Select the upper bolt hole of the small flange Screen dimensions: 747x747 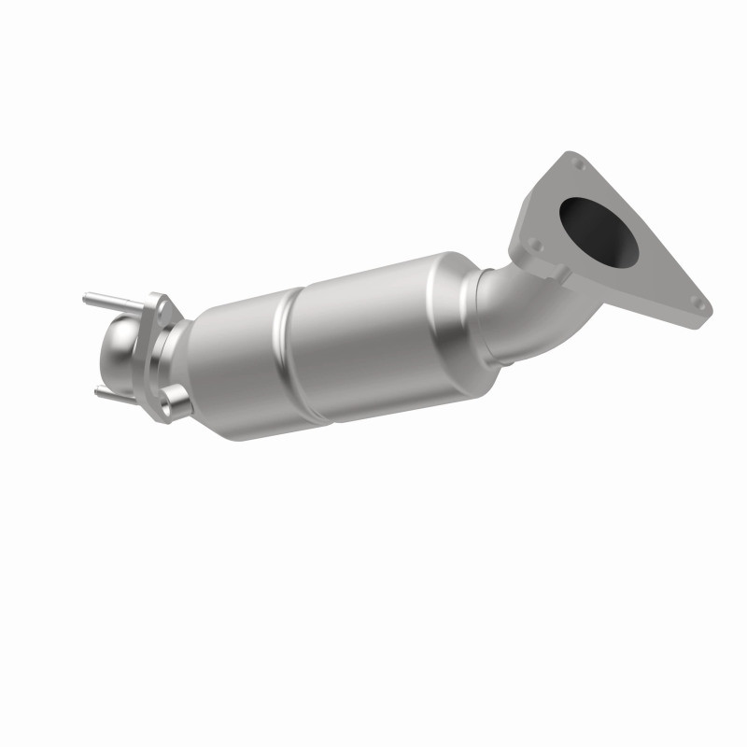[x=162, y=303]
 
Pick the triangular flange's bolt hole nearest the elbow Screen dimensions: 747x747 [x=534, y=245]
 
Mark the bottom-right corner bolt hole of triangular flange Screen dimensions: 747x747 [x=695, y=301]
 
